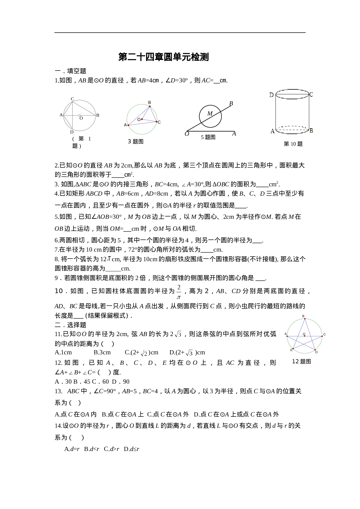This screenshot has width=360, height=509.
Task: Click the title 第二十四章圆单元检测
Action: [163, 57]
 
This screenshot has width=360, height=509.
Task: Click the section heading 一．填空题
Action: [71, 71]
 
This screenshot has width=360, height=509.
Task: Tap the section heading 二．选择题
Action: [71, 325]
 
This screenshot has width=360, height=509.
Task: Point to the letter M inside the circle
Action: [210, 113]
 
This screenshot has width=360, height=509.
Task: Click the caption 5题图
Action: [208, 137]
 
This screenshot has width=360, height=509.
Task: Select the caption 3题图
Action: [136, 141]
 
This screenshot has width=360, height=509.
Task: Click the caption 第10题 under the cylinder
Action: [293, 144]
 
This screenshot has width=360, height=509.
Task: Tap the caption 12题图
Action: [301, 361]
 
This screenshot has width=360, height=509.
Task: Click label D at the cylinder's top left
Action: [271, 95]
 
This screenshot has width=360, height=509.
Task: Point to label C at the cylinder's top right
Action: [311, 95]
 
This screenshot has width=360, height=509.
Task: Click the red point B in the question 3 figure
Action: [150, 107]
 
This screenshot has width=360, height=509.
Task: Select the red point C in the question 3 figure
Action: [156, 122]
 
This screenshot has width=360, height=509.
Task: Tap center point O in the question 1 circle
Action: [80, 115]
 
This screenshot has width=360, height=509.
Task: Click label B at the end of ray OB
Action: [231, 103]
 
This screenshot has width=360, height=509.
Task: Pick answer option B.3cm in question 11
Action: [102, 353]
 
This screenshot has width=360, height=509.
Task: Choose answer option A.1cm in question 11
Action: [63, 353]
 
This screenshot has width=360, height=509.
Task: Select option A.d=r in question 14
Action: [72, 449]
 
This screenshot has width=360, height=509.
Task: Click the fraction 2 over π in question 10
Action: [179, 292]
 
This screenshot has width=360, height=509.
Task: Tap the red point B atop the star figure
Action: [305, 319]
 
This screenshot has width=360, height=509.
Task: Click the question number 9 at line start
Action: [56, 278]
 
